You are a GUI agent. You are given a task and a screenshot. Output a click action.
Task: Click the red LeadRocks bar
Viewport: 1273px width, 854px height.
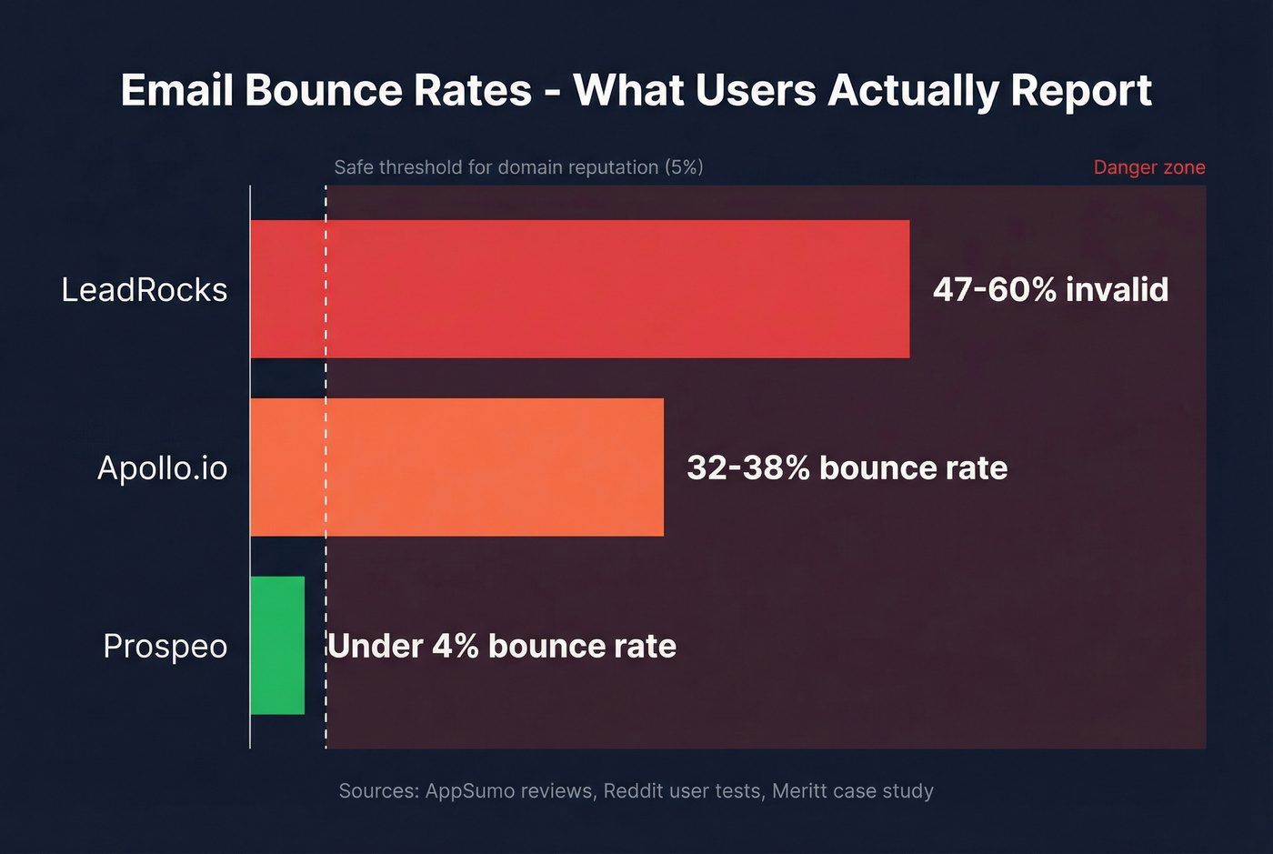pyautogui.click(x=579, y=288)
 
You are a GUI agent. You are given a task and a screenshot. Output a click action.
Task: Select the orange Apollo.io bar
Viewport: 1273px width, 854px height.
pyautogui.click(x=456, y=467)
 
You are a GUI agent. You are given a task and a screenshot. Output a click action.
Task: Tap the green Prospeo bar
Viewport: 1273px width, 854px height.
pyautogui.click(x=277, y=645)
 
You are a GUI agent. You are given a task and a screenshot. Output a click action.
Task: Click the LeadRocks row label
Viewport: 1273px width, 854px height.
pyautogui.click(x=144, y=289)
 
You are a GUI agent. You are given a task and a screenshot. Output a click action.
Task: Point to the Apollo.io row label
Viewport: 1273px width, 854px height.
pyautogui.click(x=162, y=467)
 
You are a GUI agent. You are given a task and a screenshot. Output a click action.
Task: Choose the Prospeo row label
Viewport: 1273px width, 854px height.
pyautogui.click(x=165, y=646)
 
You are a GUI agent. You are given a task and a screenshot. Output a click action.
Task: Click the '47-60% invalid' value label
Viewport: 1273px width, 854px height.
pyautogui.click(x=1050, y=289)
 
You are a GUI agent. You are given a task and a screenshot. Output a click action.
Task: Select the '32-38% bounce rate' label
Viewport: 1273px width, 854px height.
pyautogui.click(x=847, y=467)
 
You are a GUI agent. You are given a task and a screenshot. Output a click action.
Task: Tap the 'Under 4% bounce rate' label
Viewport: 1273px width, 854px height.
pyautogui.click(x=502, y=646)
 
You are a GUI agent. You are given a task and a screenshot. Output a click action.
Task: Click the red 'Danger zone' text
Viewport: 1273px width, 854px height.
pyautogui.click(x=1148, y=167)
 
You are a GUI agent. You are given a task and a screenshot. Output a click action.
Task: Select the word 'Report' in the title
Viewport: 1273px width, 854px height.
pyautogui.click(x=1081, y=90)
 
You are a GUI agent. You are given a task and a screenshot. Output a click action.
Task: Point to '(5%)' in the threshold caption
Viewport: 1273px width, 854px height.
pyautogui.click(x=684, y=167)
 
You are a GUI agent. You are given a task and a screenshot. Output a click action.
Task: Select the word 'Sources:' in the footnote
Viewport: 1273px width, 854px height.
pyautogui.click(x=378, y=790)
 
